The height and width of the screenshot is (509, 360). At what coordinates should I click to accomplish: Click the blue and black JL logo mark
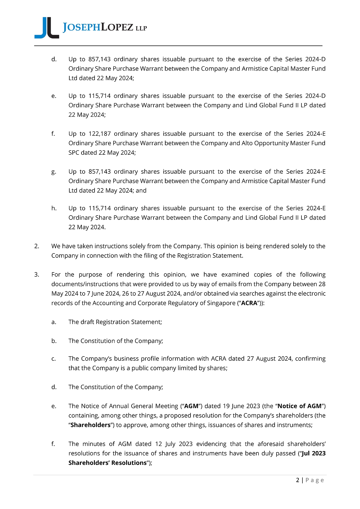(x=47, y=28)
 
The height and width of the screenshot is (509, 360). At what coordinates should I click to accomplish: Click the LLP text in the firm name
(x=141, y=28)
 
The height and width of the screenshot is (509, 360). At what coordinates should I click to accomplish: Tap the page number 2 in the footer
(x=297, y=480)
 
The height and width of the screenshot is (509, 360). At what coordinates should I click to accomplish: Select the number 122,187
(x=99, y=134)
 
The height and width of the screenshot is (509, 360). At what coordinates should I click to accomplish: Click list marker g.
(x=54, y=172)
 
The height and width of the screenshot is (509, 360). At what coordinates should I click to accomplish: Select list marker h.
(x=54, y=208)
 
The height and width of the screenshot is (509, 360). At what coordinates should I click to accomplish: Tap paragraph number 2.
(x=37, y=246)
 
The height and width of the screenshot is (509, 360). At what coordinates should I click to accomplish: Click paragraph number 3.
(x=37, y=275)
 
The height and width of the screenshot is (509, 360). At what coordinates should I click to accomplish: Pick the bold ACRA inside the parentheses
(x=249, y=303)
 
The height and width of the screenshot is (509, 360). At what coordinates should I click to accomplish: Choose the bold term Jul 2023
(x=314, y=454)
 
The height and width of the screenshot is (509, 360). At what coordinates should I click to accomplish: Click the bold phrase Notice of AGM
(x=299, y=406)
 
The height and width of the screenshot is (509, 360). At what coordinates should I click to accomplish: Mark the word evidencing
(x=211, y=444)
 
